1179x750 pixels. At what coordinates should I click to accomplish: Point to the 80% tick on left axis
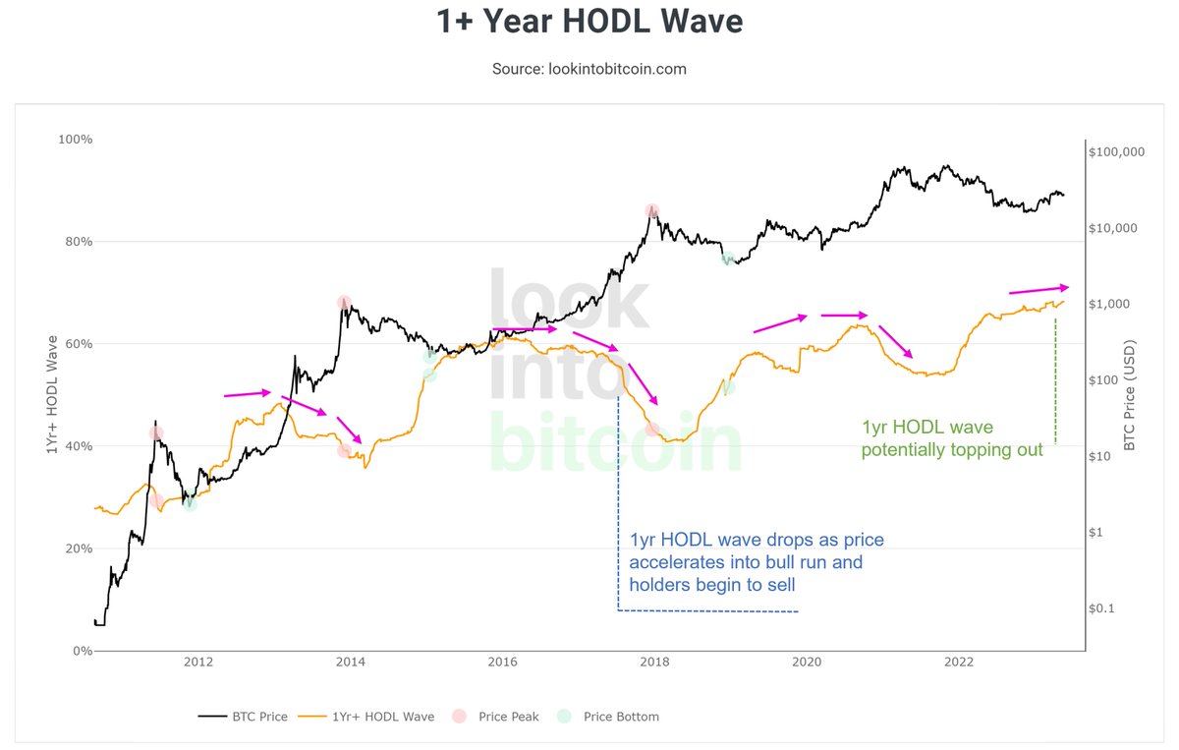click(75, 242)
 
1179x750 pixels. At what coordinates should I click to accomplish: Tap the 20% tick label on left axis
click(75, 548)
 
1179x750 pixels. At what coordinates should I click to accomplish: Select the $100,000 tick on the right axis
click(1117, 152)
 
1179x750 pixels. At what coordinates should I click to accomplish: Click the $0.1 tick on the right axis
click(1103, 608)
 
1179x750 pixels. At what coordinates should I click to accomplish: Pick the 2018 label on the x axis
click(653, 663)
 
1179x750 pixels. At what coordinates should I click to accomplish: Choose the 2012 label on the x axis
click(197, 663)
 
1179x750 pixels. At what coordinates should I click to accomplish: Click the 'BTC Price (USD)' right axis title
click(1130, 394)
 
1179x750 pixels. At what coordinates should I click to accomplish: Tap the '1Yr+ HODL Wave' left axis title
click(50, 394)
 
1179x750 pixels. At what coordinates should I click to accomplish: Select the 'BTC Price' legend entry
click(243, 717)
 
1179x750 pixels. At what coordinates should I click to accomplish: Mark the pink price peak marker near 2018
click(652, 210)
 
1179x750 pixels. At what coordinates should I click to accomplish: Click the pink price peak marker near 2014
click(344, 303)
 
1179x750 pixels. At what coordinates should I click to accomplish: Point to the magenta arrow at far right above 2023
click(1038, 289)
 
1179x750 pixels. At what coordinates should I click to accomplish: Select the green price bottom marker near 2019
click(728, 259)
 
